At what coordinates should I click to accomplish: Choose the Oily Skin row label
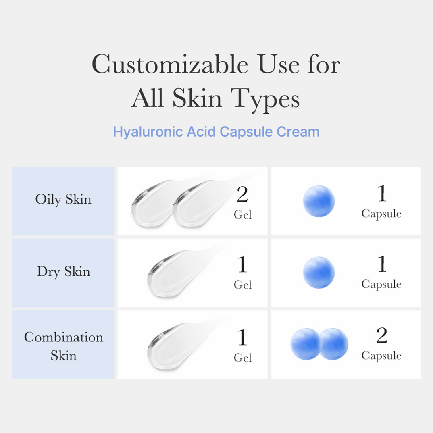[x=63, y=199]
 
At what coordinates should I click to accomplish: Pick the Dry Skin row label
[x=63, y=271]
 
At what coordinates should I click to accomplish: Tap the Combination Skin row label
[x=63, y=346]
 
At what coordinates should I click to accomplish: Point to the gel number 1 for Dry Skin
[x=242, y=265]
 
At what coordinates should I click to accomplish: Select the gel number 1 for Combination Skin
[x=242, y=338]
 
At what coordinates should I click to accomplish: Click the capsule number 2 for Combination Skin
[x=381, y=336]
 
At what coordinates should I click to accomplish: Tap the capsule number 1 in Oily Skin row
[x=381, y=194]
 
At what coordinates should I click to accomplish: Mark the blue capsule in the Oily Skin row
[x=319, y=201]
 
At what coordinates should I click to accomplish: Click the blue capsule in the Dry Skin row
[x=319, y=273]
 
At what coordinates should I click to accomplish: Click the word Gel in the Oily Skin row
[x=243, y=215]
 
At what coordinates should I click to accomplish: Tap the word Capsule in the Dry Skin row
[x=381, y=285]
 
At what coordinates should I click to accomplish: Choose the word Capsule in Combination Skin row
[x=381, y=356]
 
